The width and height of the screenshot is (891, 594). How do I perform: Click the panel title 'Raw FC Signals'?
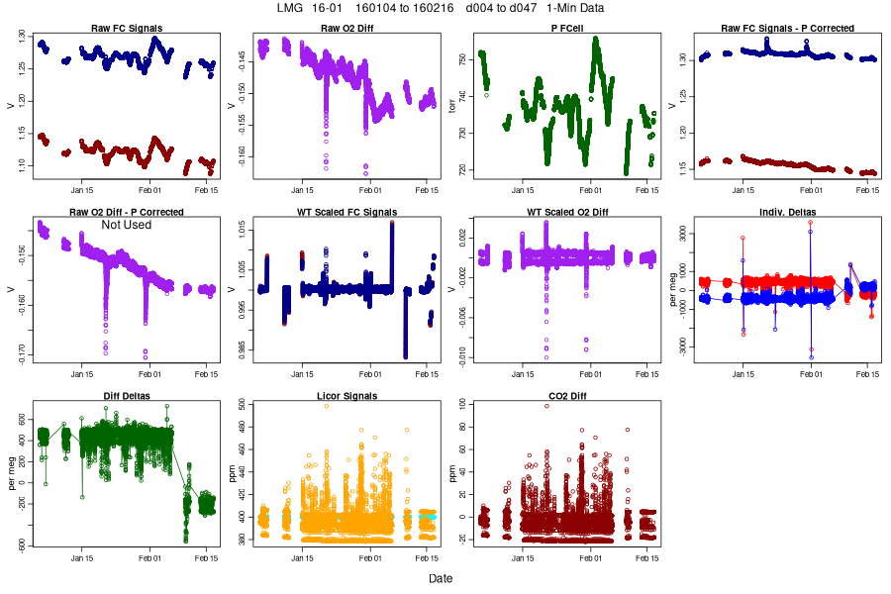[x=127, y=29]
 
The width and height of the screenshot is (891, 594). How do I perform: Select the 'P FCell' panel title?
[x=567, y=29]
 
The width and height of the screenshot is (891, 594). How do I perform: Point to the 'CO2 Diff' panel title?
[x=567, y=396]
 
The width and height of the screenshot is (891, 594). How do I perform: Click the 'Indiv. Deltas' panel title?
[x=788, y=212]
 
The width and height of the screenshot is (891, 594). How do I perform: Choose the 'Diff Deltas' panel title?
[x=127, y=396]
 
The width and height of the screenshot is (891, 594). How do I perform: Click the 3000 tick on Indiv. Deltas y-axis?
[x=686, y=235]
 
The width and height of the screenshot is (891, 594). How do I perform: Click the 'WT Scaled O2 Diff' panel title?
[x=567, y=212]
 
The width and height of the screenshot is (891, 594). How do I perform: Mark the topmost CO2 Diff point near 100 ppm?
[x=545, y=405]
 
